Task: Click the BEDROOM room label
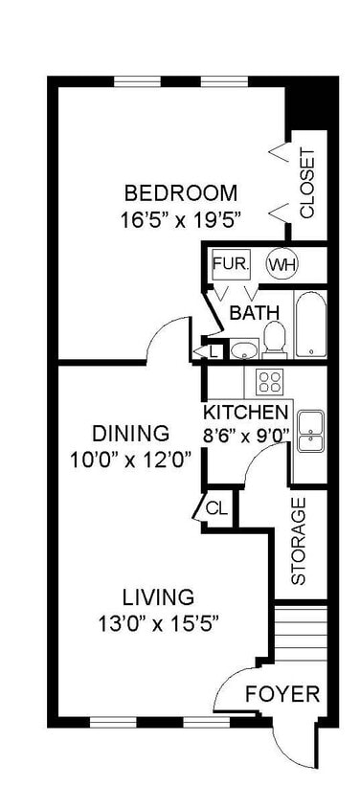point(181,193)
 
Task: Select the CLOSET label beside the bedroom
point(307,184)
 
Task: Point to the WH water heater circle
point(282,265)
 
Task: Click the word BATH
point(254,313)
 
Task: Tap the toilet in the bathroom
point(275,340)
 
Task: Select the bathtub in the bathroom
point(310,325)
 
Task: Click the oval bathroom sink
point(244,349)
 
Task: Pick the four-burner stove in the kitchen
point(270,382)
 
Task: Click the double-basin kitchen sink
point(311,431)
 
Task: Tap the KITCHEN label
point(245,413)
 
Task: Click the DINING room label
point(130,434)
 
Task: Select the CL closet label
point(216,508)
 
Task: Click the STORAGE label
point(298,541)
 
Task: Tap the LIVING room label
point(159,597)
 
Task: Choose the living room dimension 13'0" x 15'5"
point(159,624)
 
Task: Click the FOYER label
point(282,695)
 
